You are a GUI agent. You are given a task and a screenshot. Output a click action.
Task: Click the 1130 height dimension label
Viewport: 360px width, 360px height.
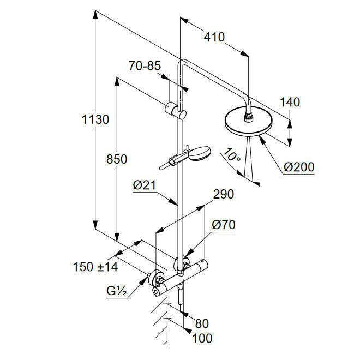pos(95,119)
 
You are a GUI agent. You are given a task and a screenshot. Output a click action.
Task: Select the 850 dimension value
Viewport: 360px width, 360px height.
pos(117,159)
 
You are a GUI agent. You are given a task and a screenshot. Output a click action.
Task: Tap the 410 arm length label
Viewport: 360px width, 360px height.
pos(214,37)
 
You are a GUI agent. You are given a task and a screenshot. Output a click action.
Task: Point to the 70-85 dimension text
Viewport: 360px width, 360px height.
pos(145,65)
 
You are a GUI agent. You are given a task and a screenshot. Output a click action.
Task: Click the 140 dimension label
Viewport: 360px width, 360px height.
pos(290,102)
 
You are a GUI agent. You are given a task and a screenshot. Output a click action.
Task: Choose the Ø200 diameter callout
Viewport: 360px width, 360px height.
pos(299,167)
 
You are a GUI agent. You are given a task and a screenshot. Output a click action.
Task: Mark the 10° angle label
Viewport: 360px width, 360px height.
pos(232,155)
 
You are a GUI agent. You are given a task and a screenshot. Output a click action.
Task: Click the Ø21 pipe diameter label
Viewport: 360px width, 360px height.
pos(145,185)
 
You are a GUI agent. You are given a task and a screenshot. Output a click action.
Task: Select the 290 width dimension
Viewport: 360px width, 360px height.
pos(224,194)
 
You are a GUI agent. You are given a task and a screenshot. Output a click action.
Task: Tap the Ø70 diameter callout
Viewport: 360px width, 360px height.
pos(224,225)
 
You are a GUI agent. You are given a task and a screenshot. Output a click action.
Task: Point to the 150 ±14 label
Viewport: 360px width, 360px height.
pos(95,267)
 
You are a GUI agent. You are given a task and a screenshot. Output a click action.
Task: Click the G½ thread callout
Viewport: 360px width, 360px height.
pos(117,291)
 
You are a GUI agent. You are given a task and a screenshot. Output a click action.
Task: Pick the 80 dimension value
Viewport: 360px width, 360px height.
pos(202,323)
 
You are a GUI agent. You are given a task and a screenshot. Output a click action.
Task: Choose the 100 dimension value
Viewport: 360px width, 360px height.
pos(202,338)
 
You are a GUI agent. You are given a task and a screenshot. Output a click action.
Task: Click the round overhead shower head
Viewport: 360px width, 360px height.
pos(248,122)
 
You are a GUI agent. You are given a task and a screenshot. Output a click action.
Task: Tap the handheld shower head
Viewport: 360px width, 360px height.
pos(200,153)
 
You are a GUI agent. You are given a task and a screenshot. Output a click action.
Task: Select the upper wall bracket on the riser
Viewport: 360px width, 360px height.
pos(176,111)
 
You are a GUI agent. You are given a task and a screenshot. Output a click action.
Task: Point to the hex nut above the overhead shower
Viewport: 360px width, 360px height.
pos(248,118)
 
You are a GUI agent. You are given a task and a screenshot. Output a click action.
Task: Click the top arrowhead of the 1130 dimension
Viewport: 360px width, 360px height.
pos(95,15)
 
